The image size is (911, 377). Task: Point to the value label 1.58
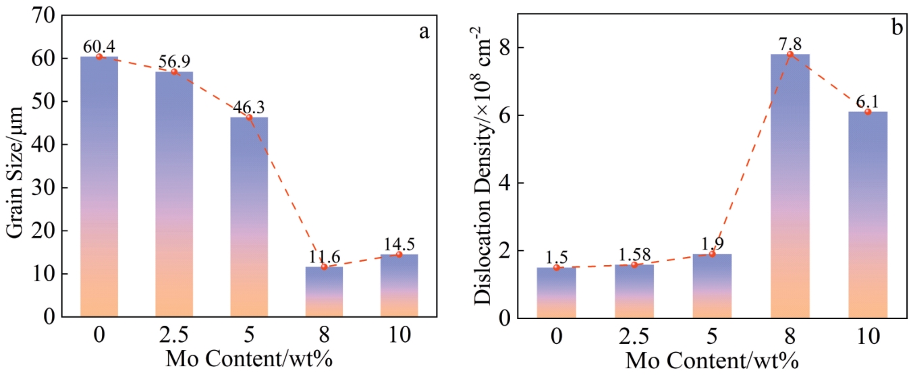coord(634,256)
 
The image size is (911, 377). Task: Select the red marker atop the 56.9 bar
coord(174,71)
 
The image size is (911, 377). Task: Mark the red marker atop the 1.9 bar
coord(712,254)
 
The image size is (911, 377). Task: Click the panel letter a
coord(424,32)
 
